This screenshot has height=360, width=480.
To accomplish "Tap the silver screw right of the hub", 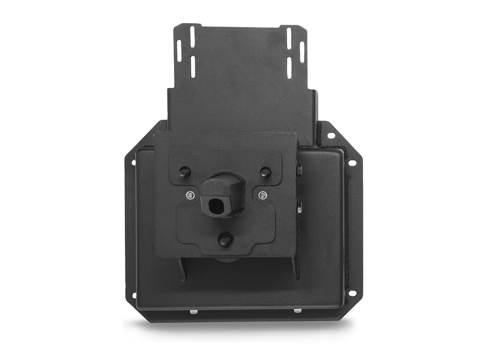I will pos(263,195).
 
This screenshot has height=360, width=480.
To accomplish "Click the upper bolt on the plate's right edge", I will pos(299,171).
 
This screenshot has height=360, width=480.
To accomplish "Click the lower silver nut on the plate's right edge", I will pos(299,208).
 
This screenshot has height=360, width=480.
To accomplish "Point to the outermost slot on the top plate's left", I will pos(179,51).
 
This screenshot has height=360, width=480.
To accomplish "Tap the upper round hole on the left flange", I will pos(133,163).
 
